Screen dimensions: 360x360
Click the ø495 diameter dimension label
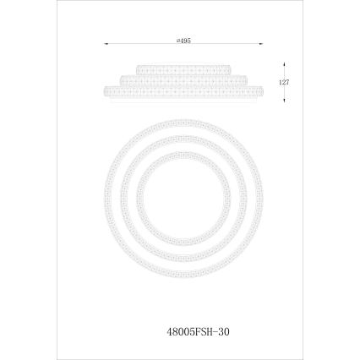(x=182, y=39)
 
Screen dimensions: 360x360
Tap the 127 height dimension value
(x=285, y=83)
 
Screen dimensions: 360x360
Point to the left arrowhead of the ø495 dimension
(x=104, y=42)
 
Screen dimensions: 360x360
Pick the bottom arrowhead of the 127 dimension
(x=285, y=101)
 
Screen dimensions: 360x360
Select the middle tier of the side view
(x=181, y=79)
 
